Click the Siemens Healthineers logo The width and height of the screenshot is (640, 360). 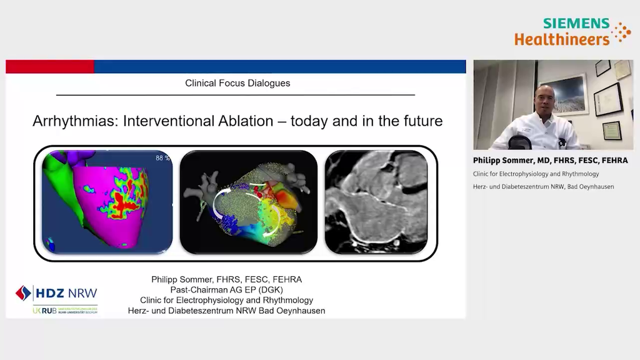[562, 31]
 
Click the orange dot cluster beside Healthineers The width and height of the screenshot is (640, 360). [621, 32]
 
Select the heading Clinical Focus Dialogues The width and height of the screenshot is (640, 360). [237, 83]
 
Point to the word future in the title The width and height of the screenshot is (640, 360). [419, 121]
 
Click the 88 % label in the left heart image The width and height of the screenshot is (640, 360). [162, 158]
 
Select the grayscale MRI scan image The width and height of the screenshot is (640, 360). [376, 202]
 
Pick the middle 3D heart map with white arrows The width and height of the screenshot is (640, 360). [248, 202]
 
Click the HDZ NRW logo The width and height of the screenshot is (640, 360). [57, 292]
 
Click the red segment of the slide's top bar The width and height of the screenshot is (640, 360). [50, 66]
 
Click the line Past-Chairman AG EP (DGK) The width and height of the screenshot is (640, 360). [226, 290]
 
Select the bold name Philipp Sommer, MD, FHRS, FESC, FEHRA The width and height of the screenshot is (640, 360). [550, 161]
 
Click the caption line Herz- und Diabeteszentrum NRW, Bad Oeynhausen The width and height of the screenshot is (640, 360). [543, 186]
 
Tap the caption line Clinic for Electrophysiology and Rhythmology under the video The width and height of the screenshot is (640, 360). [536, 174]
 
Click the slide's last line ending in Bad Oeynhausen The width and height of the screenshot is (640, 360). [226, 311]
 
